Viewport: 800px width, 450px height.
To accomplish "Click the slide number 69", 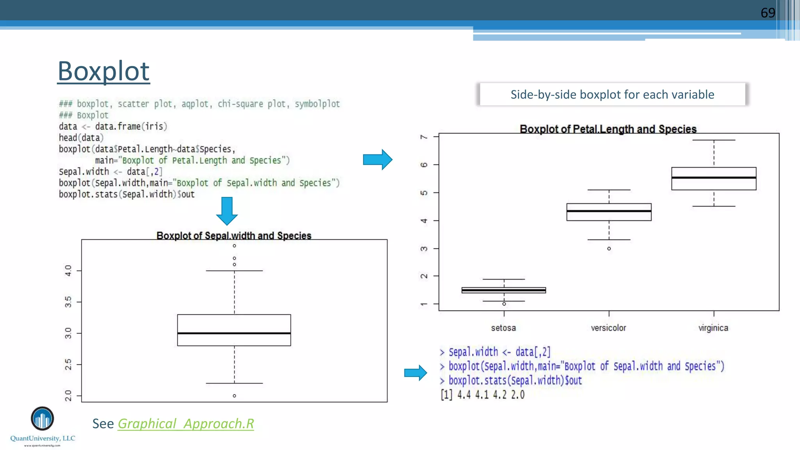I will [x=768, y=13].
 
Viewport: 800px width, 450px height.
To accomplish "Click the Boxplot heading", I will [x=104, y=71].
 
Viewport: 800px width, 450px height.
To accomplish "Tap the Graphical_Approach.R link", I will [x=186, y=424].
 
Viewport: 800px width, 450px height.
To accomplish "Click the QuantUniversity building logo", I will [x=42, y=419].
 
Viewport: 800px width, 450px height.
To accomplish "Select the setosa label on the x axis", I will [x=504, y=328].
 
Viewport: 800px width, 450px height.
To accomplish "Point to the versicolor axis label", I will [x=608, y=328].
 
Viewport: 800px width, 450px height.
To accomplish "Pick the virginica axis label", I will [x=713, y=328].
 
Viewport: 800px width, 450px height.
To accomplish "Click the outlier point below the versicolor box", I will [x=609, y=248].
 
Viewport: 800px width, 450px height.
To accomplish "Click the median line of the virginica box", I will [x=714, y=178].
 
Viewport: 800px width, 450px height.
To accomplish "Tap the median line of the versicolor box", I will [x=609, y=211].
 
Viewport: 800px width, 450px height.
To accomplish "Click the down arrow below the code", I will [x=227, y=211].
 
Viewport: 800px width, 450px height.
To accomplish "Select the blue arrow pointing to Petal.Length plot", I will [x=377, y=159].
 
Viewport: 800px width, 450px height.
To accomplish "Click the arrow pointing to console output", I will [x=416, y=373].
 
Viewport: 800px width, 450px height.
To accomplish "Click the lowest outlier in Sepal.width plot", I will [x=234, y=396].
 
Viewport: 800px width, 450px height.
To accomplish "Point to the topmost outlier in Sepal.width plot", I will [x=234, y=246].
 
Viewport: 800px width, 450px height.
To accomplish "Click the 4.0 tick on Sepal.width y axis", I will [x=68, y=270].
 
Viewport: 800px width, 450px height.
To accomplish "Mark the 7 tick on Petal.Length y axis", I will [x=423, y=137].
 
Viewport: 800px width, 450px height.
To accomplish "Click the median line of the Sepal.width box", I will [x=234, y=333].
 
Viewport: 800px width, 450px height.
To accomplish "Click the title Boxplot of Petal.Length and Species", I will [x=608, y=129].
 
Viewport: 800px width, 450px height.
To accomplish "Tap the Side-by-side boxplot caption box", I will [x=612, y=95].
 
